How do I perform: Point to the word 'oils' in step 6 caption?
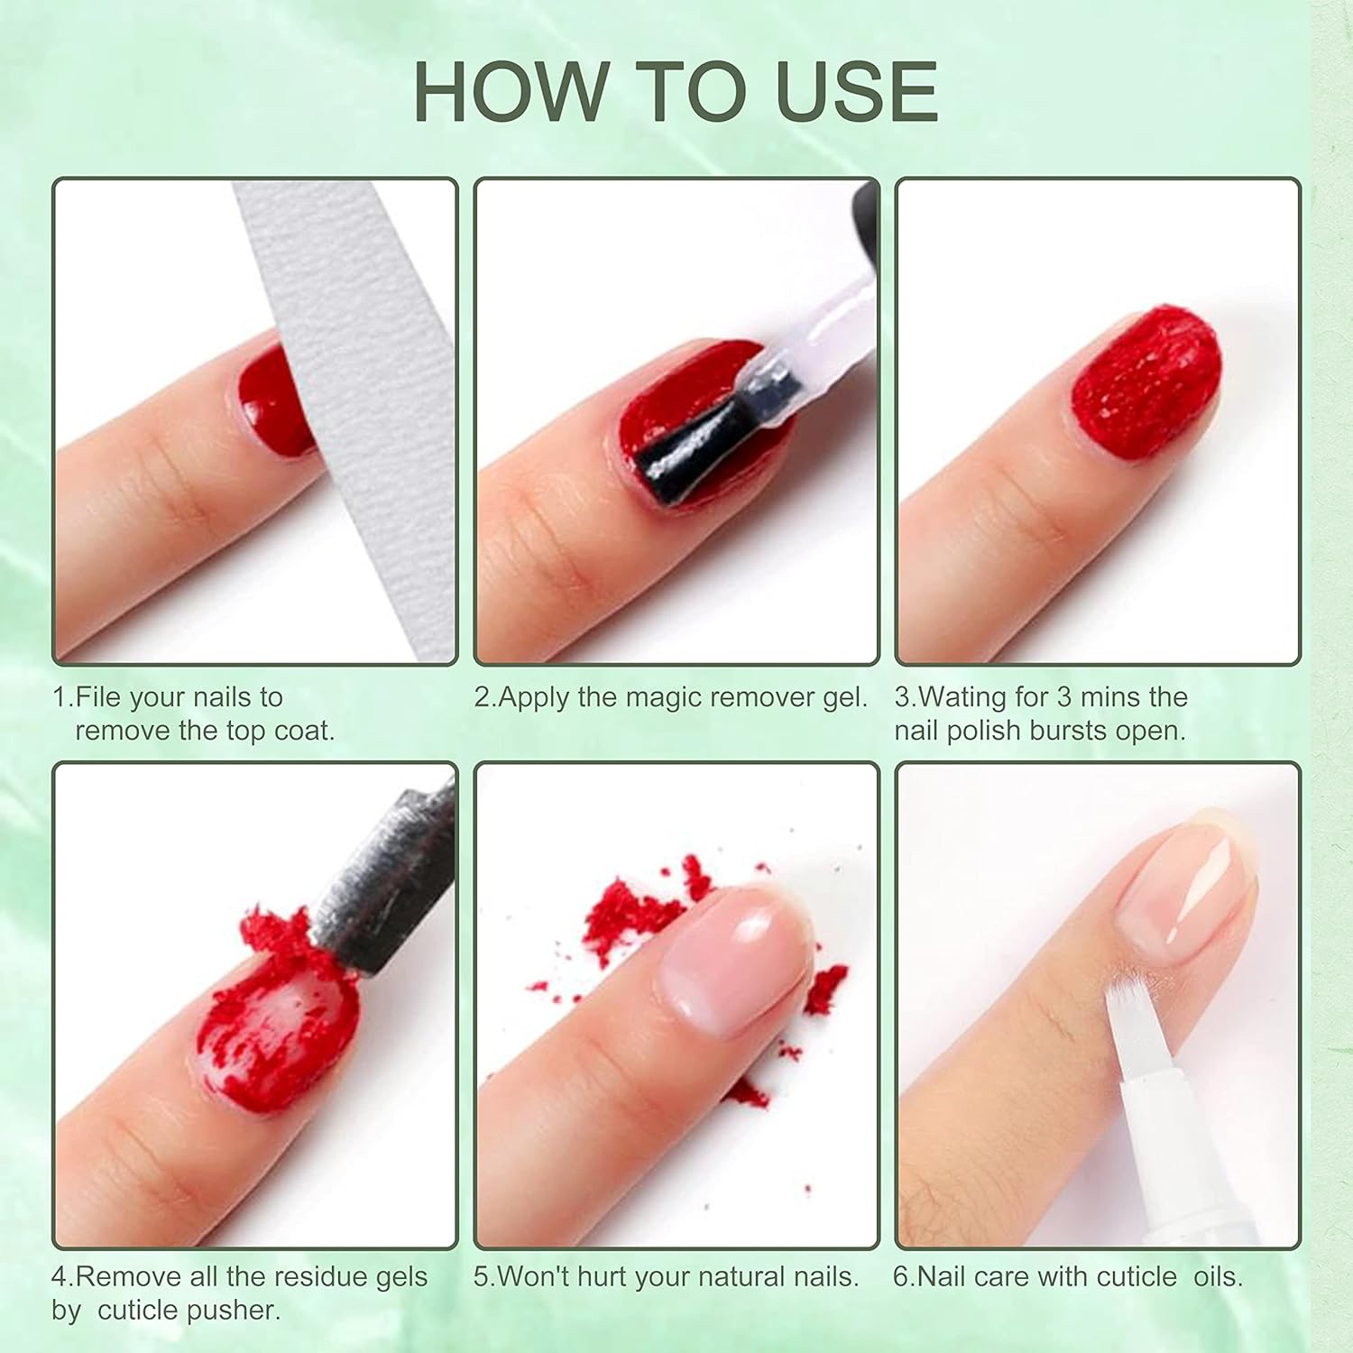tap(1216, 1276)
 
